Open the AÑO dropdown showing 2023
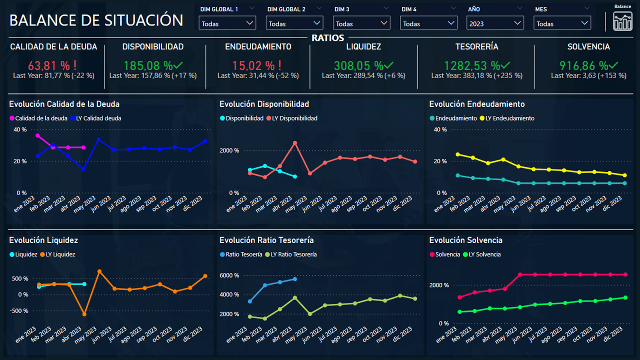[495, 23]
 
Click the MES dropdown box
[562, 23]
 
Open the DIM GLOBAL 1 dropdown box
[227, 23]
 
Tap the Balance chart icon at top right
[622, 21]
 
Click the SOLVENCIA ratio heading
[588, 46]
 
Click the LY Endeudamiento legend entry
[507, 118]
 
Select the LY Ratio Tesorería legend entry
[293, 254]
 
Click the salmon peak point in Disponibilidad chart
[295, 143]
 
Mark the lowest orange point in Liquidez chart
[84, 314]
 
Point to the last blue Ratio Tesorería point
[295, 278]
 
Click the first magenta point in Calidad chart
[37, 135]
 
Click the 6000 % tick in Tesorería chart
[229, 275]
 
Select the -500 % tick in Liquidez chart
[18, 311]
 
